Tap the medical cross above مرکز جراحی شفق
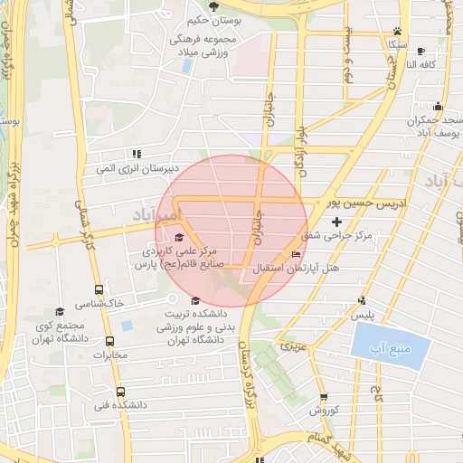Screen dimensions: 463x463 (337, 221)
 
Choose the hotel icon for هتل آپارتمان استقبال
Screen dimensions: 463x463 (297, 254)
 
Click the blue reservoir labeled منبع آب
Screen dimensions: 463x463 (388, 345)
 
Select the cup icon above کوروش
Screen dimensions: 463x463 (324, 397)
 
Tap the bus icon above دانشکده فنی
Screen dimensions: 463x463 (122, 392)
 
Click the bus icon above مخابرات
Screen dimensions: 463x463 (110, 341)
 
